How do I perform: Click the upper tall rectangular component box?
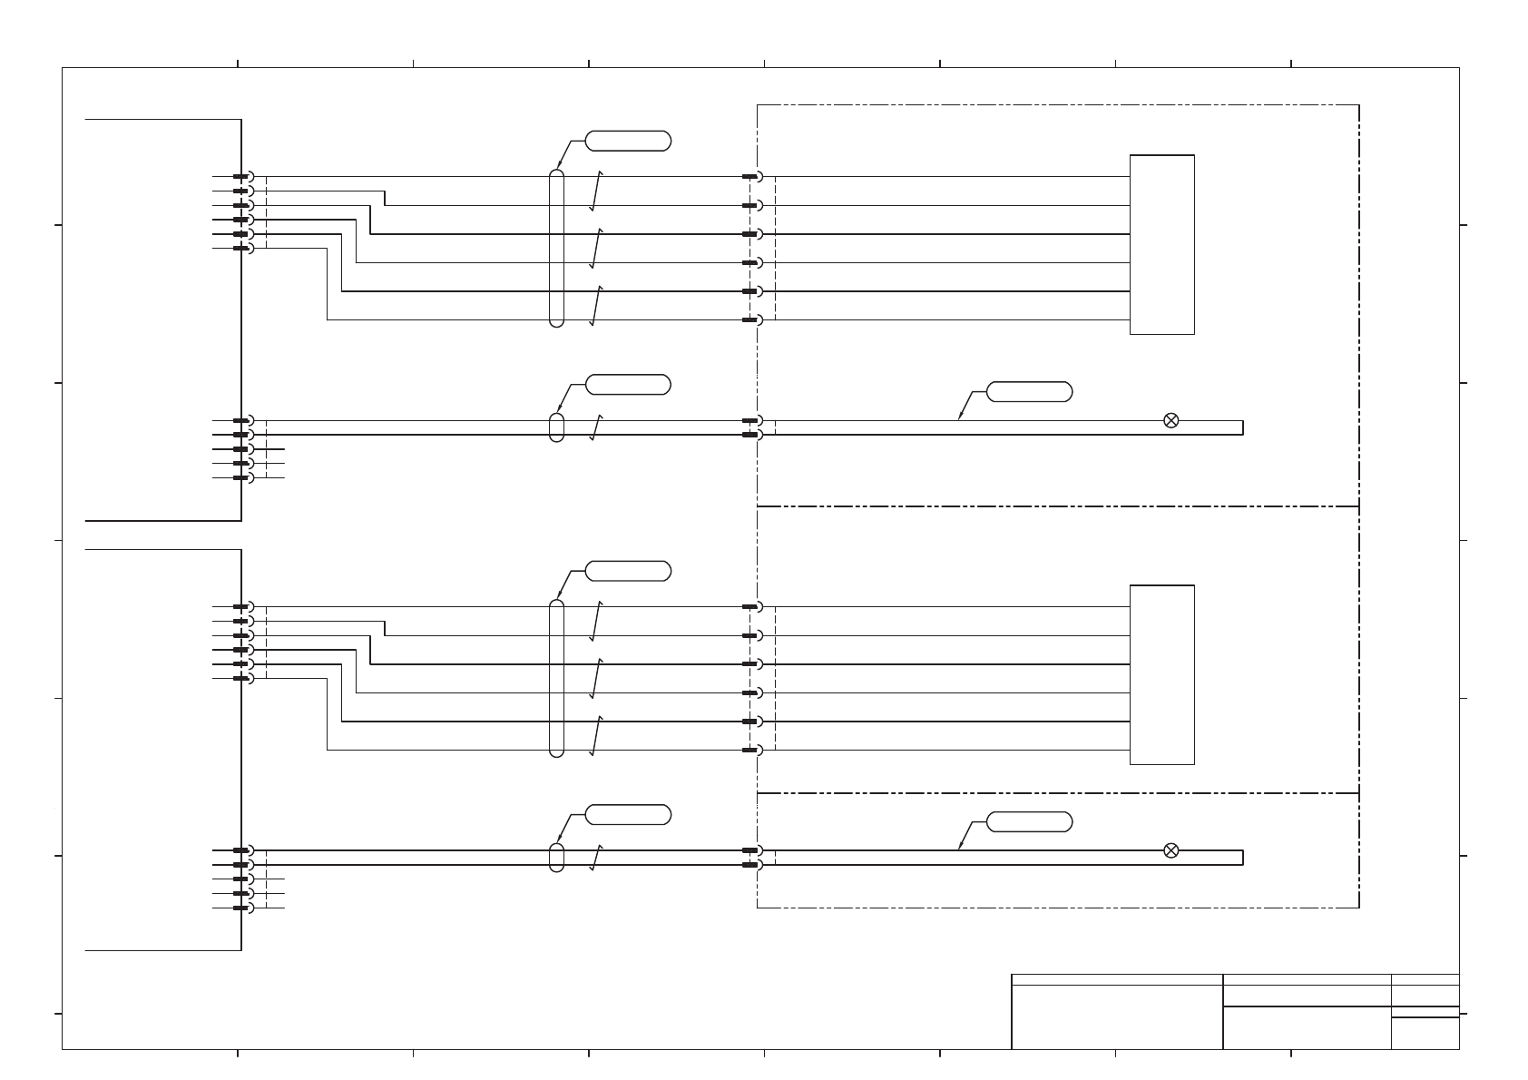click(1161, 244)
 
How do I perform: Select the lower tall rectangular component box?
click(1161, 674)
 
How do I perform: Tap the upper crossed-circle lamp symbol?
click(1170, 420)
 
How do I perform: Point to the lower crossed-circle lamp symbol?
click(1170, 850)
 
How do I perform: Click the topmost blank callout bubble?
click(628, 141)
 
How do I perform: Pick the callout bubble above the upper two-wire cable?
click(628, 385)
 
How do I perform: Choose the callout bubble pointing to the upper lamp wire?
click(1029, 392)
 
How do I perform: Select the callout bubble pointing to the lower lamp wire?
click(1029, 822)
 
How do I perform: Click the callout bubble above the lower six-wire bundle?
click(628, 571)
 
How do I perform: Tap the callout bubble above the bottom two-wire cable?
click(628, 815)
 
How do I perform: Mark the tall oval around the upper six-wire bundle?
click(556, 248)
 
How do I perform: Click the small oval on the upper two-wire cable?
click(556, 427)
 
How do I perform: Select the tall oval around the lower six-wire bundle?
click(556, 678)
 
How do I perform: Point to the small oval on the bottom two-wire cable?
click(556, 858)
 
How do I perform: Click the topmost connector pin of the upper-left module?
click(241, 176)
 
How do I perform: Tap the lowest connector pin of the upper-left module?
click(241, 477)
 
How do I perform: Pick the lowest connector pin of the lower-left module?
click(241, 908)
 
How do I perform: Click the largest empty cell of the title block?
click(1117, 1016)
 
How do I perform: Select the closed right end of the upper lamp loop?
click(1242, 427)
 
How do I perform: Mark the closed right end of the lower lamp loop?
click(1242, 858)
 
